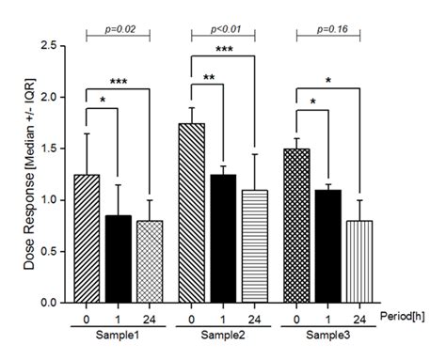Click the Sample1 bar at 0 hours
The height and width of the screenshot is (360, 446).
(x=87, y=239)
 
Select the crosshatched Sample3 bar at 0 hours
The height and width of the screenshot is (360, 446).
(x=297, y=226)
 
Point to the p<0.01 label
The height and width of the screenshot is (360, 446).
(x=224, y=31)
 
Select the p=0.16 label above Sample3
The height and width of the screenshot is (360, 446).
(x=329, y=31)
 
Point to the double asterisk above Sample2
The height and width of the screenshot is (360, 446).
(x=208, y=77)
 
